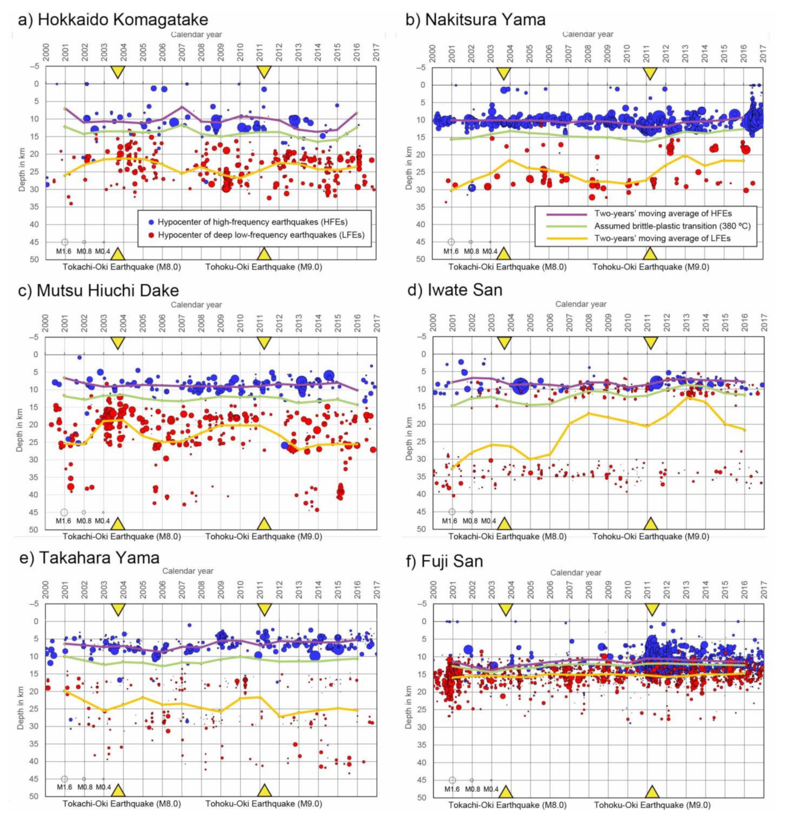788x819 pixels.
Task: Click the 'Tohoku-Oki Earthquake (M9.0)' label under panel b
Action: point(651,267)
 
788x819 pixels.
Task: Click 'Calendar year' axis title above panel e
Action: point(188,571)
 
